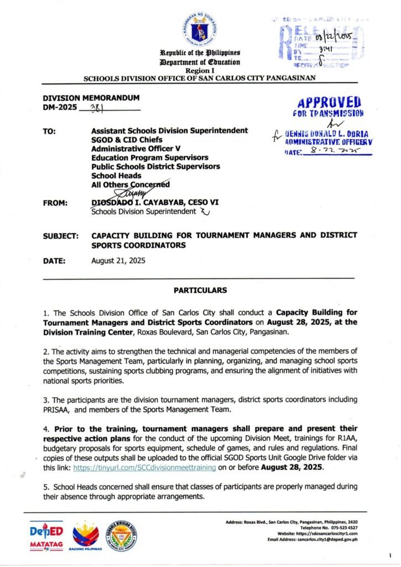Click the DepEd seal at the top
pos(200,28)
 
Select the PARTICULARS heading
pos(200,290)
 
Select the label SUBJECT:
pos(61,235)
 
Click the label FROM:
pos(55,203)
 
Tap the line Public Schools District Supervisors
pos(155,166)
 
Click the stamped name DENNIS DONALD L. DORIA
pos(329,134)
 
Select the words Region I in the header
pos(200,70)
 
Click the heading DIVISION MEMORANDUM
pos(91,98)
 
